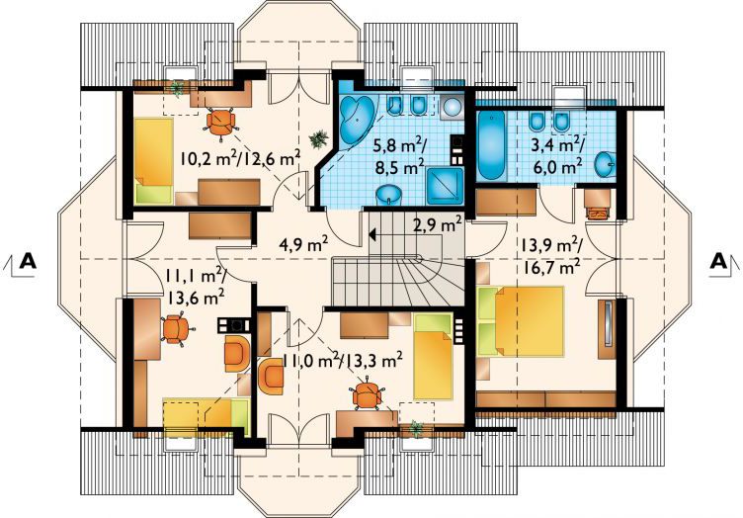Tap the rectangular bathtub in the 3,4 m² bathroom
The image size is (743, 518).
tap(490, 145)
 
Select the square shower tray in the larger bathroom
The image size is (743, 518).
tap(445, 186)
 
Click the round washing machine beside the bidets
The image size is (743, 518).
tap(453, 108)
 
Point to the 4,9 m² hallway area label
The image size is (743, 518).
tap(303, 245)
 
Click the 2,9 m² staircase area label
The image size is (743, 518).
tap(438, 223)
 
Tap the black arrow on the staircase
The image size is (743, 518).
tap(372, 233)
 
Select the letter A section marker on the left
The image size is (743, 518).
tap(29, 261)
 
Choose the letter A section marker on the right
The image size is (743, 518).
tap(718, 261)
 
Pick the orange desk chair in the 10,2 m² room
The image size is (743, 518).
tap(220, 123)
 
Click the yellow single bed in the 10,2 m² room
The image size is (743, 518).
tap(153, 161)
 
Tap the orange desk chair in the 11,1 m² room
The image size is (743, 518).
tap(176, 329)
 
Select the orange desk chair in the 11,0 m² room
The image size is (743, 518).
tap(367, 394)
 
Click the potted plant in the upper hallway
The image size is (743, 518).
tap(318, 138)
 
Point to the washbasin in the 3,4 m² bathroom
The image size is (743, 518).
tap(605, 164)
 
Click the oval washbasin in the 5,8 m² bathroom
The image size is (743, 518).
tap(389, 195)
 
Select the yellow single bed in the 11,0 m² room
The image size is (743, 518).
tap(433, 357)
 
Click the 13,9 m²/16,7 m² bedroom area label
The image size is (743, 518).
tap(551, 256)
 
